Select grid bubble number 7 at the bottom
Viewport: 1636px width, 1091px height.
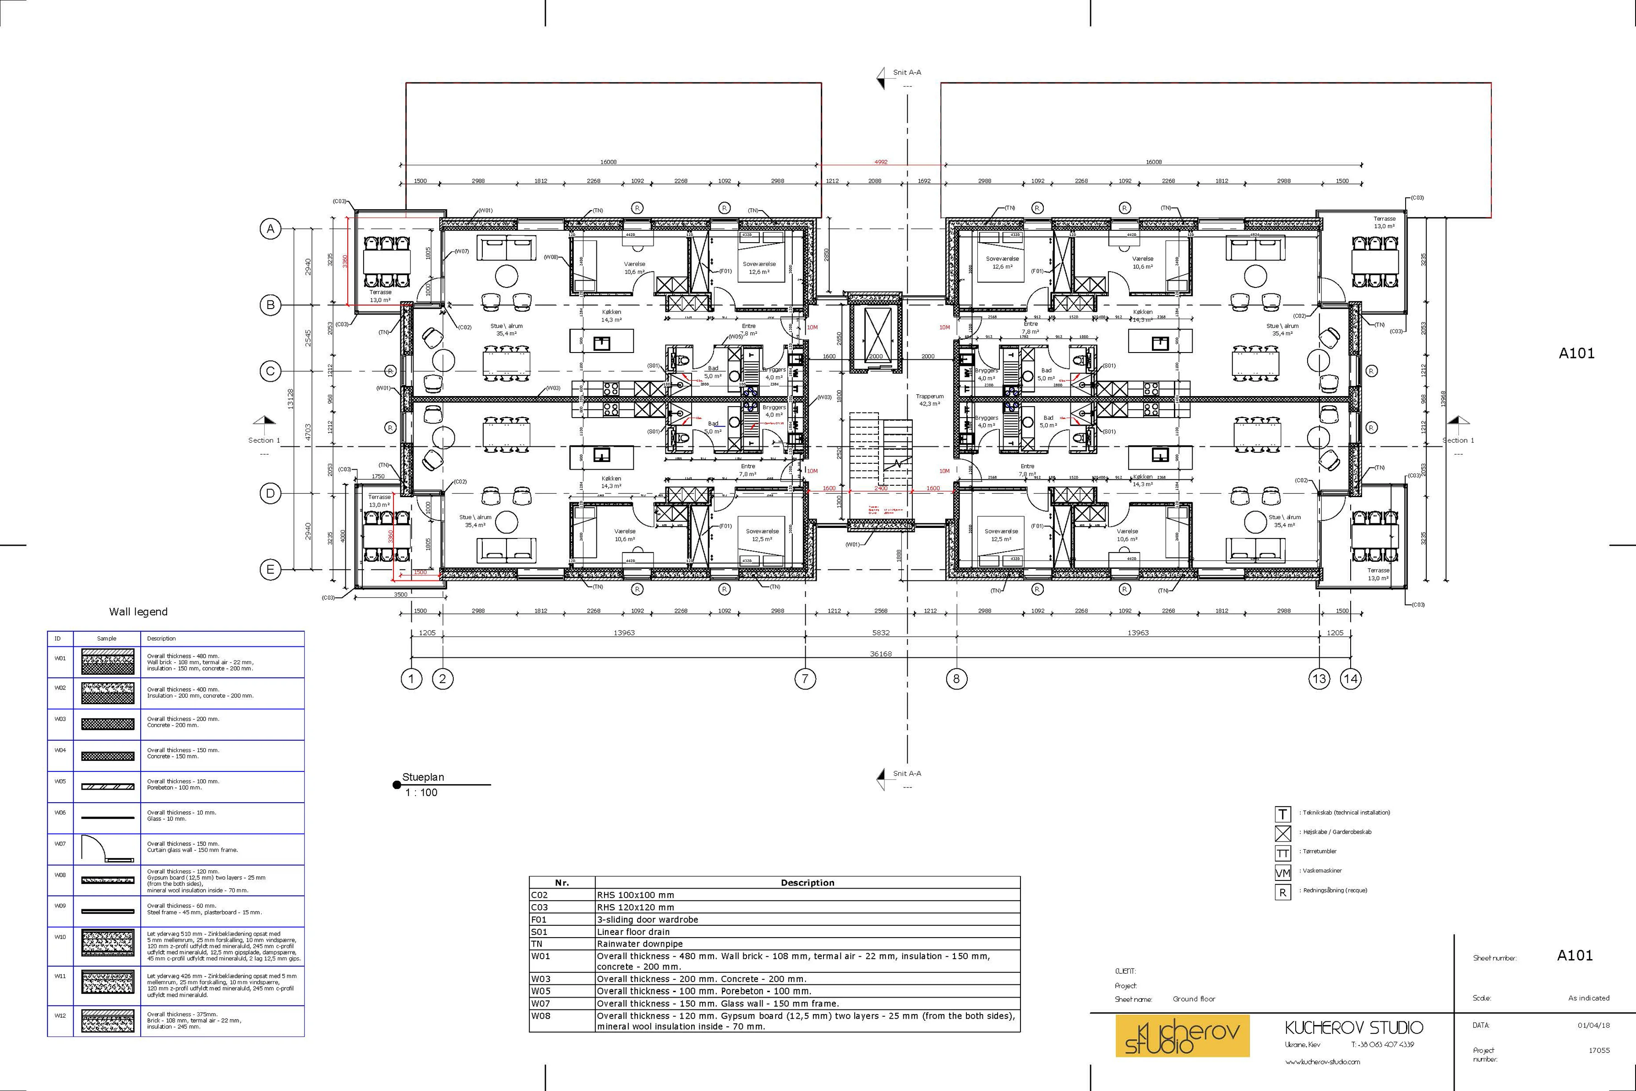pos(805,678)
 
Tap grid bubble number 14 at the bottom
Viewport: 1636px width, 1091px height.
pos(1350,678)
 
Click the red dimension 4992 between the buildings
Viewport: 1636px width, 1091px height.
pos(881,162)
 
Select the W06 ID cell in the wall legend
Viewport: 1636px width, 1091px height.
pos(60,813)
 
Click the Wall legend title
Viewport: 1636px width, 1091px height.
pos(138,612)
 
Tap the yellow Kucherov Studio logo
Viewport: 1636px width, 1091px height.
pos(1182,1035)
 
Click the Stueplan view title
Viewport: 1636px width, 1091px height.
pos(423,777)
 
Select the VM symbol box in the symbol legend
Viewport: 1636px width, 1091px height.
pos(1282,873)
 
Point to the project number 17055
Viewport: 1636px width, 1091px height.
pos(1598,1051)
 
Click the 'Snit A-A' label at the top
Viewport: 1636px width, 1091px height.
pos(907,72)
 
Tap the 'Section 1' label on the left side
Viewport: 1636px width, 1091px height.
pos(264,440)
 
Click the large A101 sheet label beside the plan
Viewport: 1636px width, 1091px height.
pos(1576,353)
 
